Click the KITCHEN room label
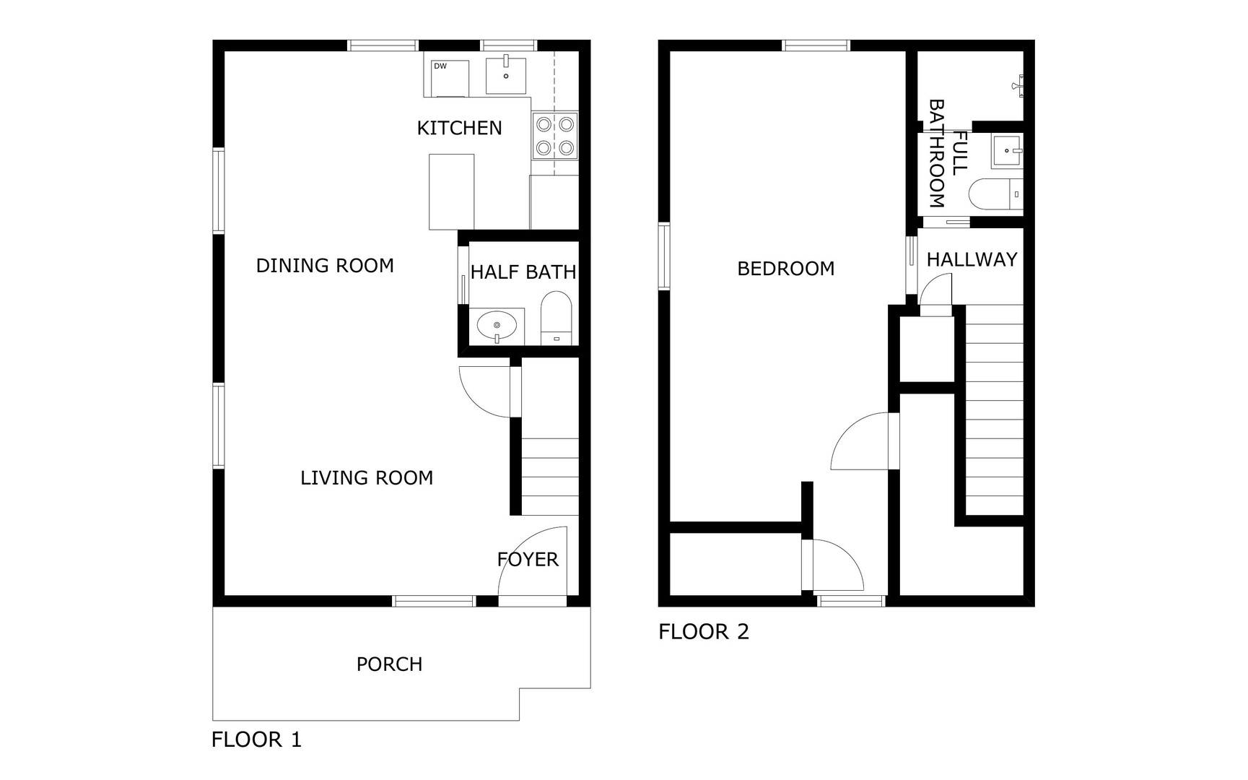click(459, 128)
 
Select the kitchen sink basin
click(505, 74)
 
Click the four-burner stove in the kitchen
click(555, 136)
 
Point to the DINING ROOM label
click(325, 266)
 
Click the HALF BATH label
click(523, 272)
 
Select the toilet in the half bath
click(557, 318)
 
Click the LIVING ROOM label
click(367, 478)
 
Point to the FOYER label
click(528, 560)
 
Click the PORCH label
click(389, 664)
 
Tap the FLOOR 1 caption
click(256, 740)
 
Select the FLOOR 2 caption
click(704, 632)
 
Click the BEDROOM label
click(786, 269)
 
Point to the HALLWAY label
click(972, 259)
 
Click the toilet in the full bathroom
click(996, 194)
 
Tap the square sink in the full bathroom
click(1008, 152)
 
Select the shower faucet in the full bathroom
click(1019, 85)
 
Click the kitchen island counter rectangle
click(452, 191)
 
